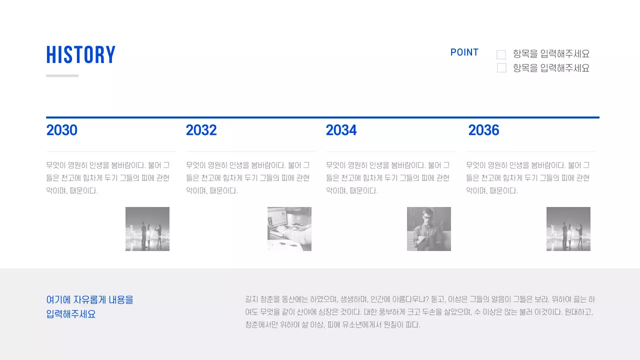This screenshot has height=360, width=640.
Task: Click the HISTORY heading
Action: [x=81, y=55]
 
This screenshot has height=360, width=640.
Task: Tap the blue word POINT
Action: [x=464, y=52]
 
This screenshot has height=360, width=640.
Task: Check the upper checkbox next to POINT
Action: [x=501, y=54]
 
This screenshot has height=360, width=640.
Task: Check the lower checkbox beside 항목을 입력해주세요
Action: [x=501, y=68]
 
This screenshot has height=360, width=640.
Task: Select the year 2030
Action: [x=62, y=130]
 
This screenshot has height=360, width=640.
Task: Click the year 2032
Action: [x=201, y=130]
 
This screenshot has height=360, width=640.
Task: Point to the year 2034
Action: [x=341, y=130]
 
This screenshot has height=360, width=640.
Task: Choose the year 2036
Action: [x=483, y=130]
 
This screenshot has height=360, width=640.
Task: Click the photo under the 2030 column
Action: [x=147, y=229]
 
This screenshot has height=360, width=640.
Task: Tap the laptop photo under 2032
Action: [x=289, y=229]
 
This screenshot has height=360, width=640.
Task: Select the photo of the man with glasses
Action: [x=429, y=229]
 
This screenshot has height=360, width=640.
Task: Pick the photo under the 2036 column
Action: [x=568, y=229]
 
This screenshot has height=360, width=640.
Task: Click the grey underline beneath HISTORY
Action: [x=62, y=76]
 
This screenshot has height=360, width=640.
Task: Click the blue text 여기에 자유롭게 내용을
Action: [x=90, y=300]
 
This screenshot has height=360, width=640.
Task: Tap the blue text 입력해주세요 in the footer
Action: [x=71, y=314]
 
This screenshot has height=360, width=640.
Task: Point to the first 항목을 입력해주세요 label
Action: [x=551, y=54]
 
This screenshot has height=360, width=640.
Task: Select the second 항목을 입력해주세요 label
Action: [x=551, y=68]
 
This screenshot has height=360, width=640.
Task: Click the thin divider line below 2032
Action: [x=251, y=151]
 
